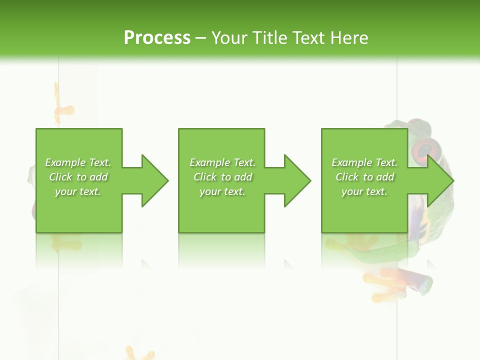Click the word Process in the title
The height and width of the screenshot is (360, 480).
[157, 38]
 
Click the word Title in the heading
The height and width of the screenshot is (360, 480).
[268, 38]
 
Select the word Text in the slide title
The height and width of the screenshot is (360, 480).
[308, 38]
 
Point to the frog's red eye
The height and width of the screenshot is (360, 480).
[424, 148]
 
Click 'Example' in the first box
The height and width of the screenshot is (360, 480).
[65, 162]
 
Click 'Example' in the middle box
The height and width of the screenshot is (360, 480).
[209, 162]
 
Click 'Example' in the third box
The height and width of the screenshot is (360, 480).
[351, 162]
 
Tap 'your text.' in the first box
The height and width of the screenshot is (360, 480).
[78, 192]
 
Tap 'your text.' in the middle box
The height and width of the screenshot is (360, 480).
[222, 192]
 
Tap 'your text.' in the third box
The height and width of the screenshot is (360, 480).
[364, 192]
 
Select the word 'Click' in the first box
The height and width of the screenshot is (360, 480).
[60, 177]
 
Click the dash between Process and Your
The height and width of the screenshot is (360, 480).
[201, 38]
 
